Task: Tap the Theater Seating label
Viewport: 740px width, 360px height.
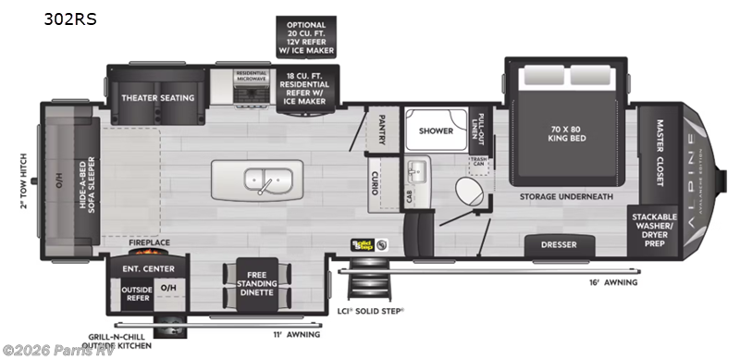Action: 158,97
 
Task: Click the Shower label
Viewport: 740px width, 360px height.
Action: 436,130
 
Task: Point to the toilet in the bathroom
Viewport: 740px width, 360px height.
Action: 467,192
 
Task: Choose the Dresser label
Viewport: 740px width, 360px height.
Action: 559,245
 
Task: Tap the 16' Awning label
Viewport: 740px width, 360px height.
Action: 609,282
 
